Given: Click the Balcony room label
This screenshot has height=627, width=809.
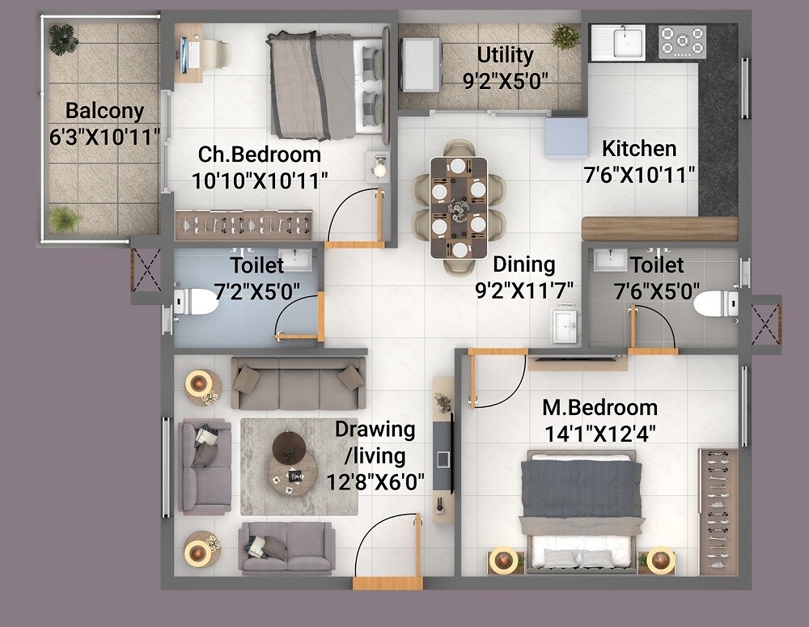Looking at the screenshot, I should click(104, 111).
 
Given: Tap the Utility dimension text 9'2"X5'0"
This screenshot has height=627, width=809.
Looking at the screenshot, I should click(505, 79).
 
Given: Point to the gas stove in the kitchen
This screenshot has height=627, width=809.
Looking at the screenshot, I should click(681, 41).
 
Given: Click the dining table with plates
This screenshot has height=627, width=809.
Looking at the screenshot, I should click(459, 208).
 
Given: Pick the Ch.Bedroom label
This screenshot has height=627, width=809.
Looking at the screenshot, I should click(260, 155).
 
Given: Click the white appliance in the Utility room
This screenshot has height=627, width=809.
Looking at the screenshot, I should click(421, 63).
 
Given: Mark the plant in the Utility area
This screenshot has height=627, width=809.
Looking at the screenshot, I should click(565, 36).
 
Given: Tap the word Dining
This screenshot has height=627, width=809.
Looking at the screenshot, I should click(524, 264).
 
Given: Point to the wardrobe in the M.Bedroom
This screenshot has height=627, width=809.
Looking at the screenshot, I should click(717, 510).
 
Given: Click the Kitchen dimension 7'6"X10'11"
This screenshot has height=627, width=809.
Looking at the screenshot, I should click(639, 174).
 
